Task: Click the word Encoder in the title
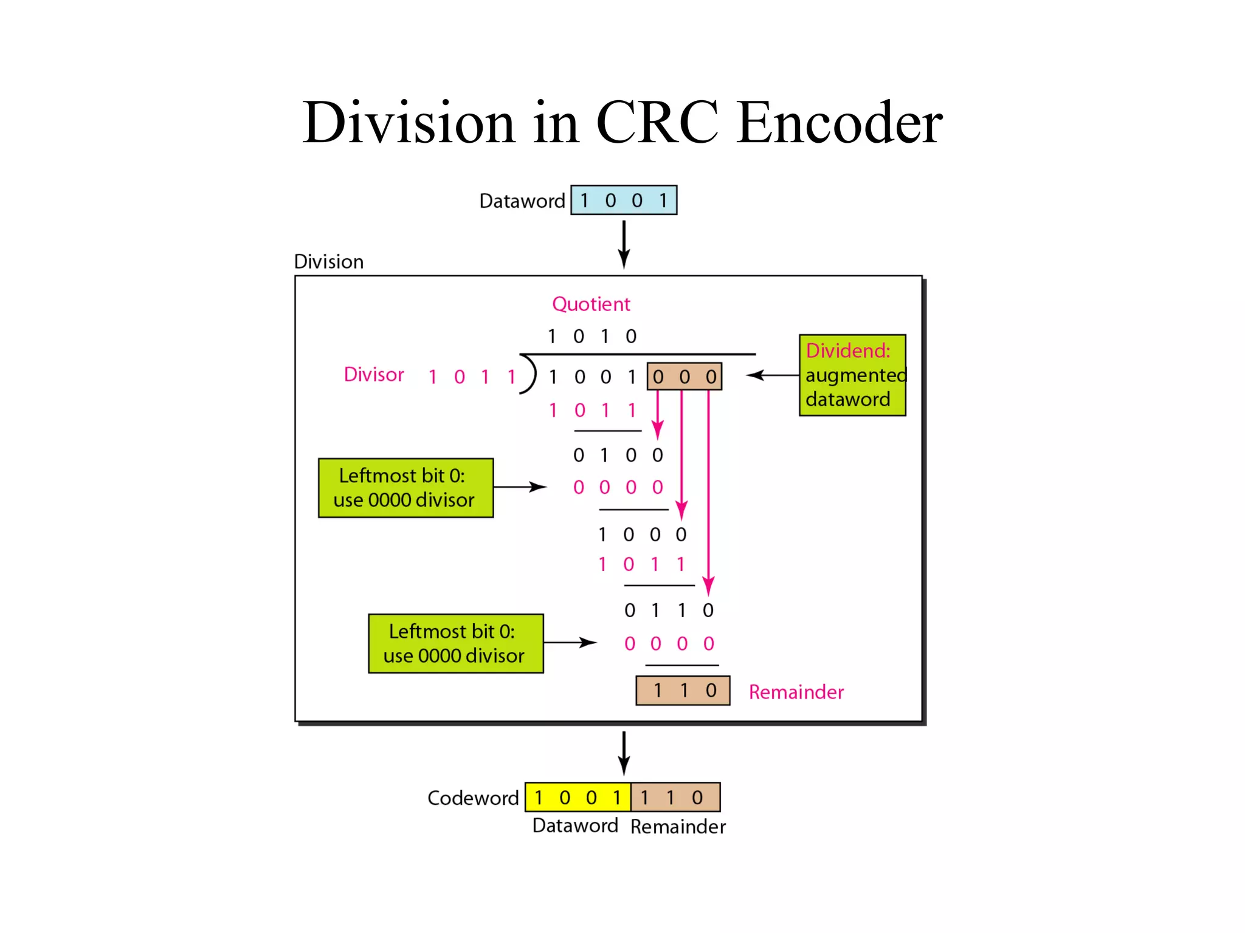click(x=839, y=123)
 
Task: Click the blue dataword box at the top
click(x=624, y=200)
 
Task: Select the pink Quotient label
click(x=591, y=304)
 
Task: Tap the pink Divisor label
click(x=374, y=374)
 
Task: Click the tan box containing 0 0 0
click(x=685, y=377)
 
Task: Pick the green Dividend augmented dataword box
click(x=852, y=375)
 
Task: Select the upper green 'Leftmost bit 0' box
click(x=405, y=488)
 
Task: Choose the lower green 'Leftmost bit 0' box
click(x=456, y=643)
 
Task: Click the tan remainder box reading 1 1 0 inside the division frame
click(x=683, y=691)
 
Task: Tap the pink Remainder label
click(x=796, y=692)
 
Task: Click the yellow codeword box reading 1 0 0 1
click(x=578, y=797)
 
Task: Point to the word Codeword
click(x=473, y=798)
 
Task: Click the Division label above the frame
click(x=329, y=262)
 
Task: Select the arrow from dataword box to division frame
click(x=624, y=244)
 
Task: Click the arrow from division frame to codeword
click(x=624, y=753)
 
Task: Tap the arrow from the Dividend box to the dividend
click(x=772, y=375)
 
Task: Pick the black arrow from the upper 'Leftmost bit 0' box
click(x=520, y=487)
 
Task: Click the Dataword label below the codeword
click(x=575, y=825)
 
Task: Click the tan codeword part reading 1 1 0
click(x=675, y=797)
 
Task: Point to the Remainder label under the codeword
click(x=678, y=826)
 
